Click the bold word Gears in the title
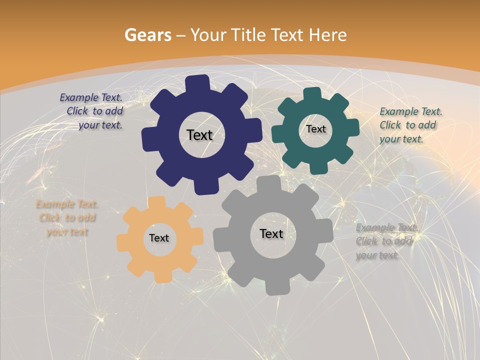pos(147,35)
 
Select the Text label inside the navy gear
pos(199,135)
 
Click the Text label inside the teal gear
pos(315,129)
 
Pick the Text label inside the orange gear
pos(159,238)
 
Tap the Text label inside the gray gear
pos(271,234)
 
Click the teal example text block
pos(410,125)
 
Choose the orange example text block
pos(67,218)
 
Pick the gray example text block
pos(386,241)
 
